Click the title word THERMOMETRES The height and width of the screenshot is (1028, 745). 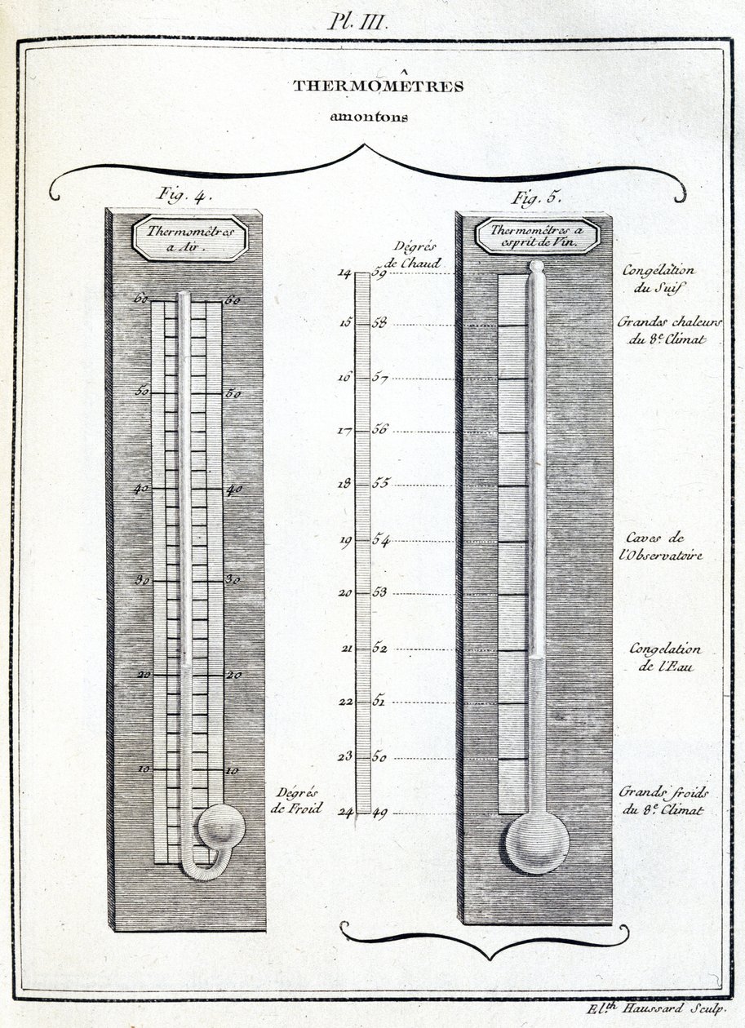378,86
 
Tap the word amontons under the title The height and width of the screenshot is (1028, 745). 368,116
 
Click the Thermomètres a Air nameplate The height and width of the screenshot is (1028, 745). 190,238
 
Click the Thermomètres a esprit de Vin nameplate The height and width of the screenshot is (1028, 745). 538,236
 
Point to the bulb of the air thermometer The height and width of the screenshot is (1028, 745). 221,827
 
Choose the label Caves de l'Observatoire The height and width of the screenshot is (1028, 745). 664,546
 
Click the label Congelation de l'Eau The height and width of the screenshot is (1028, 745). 665,658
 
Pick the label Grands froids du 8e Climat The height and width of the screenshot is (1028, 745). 664,800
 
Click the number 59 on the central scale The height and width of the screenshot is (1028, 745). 379,273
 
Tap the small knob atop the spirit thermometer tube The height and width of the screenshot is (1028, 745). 536,265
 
